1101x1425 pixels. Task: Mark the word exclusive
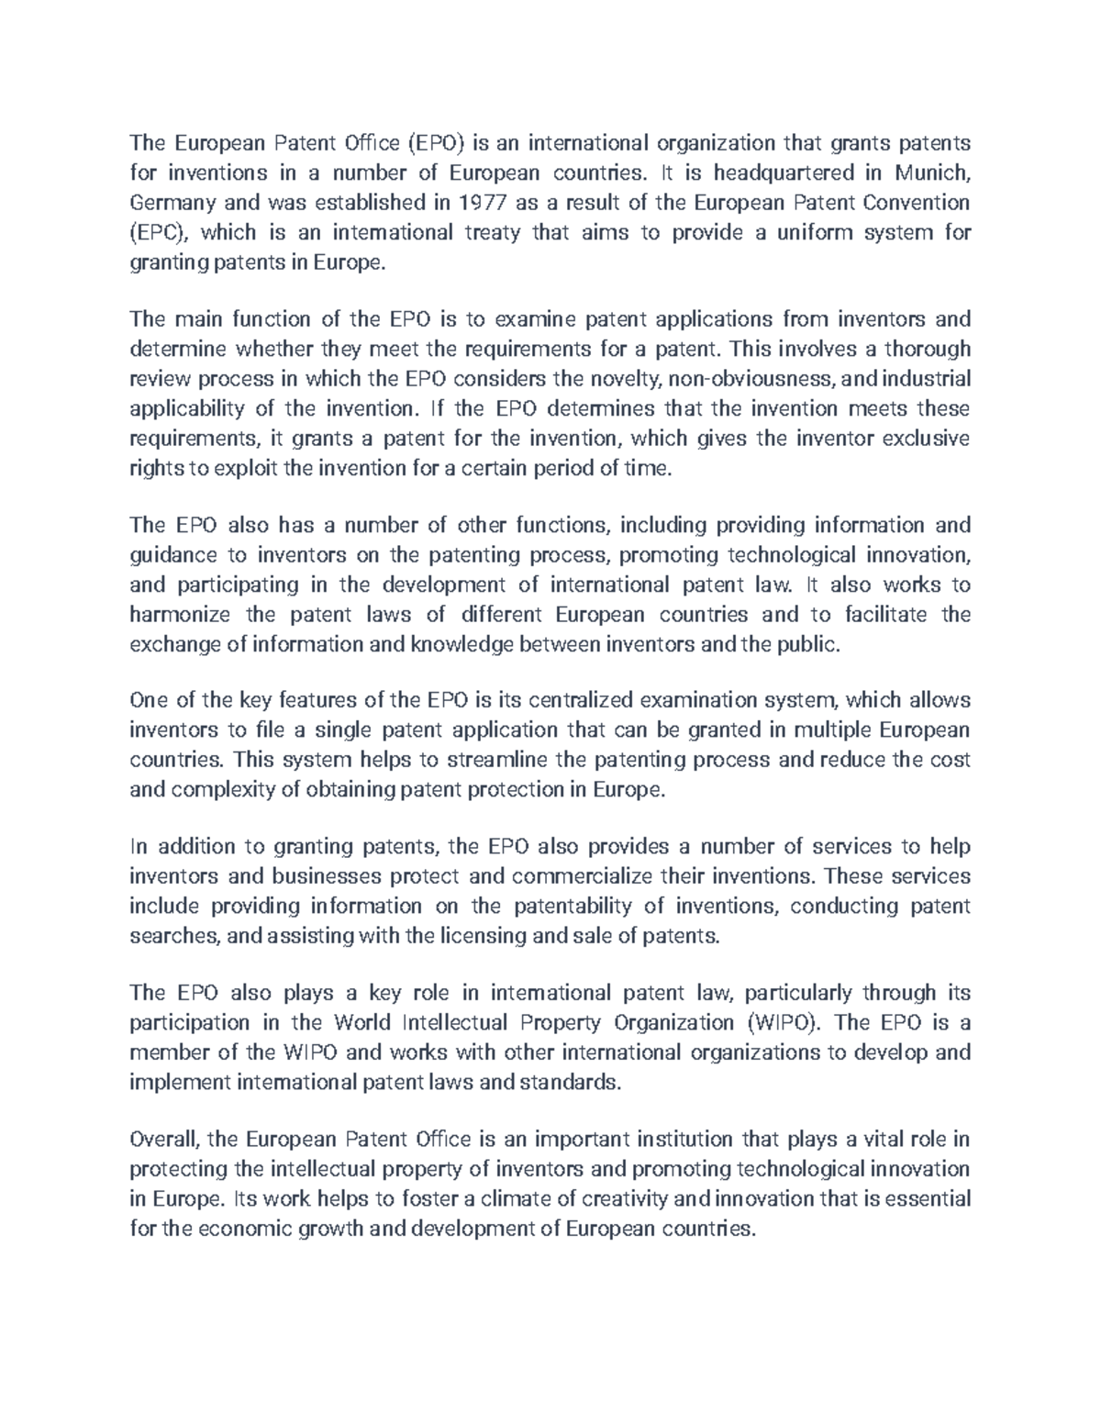click(925, 438)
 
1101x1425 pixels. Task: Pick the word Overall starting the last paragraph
click(165, 1140)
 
